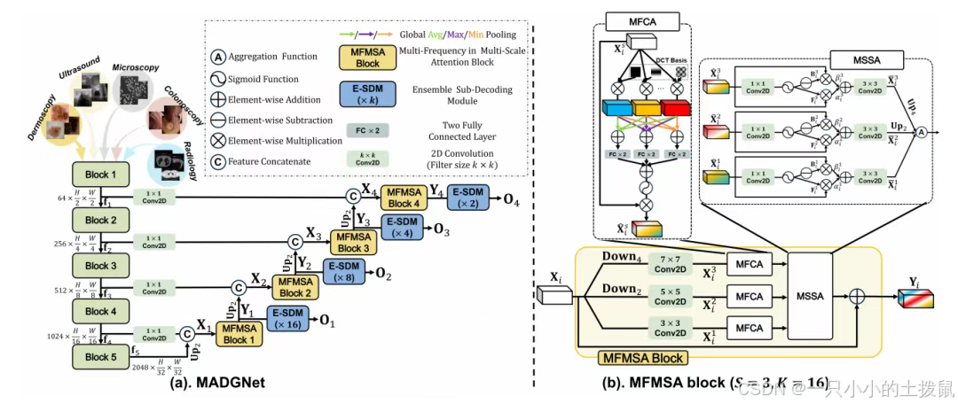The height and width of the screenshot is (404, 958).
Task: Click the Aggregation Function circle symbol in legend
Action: (218, 57)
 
